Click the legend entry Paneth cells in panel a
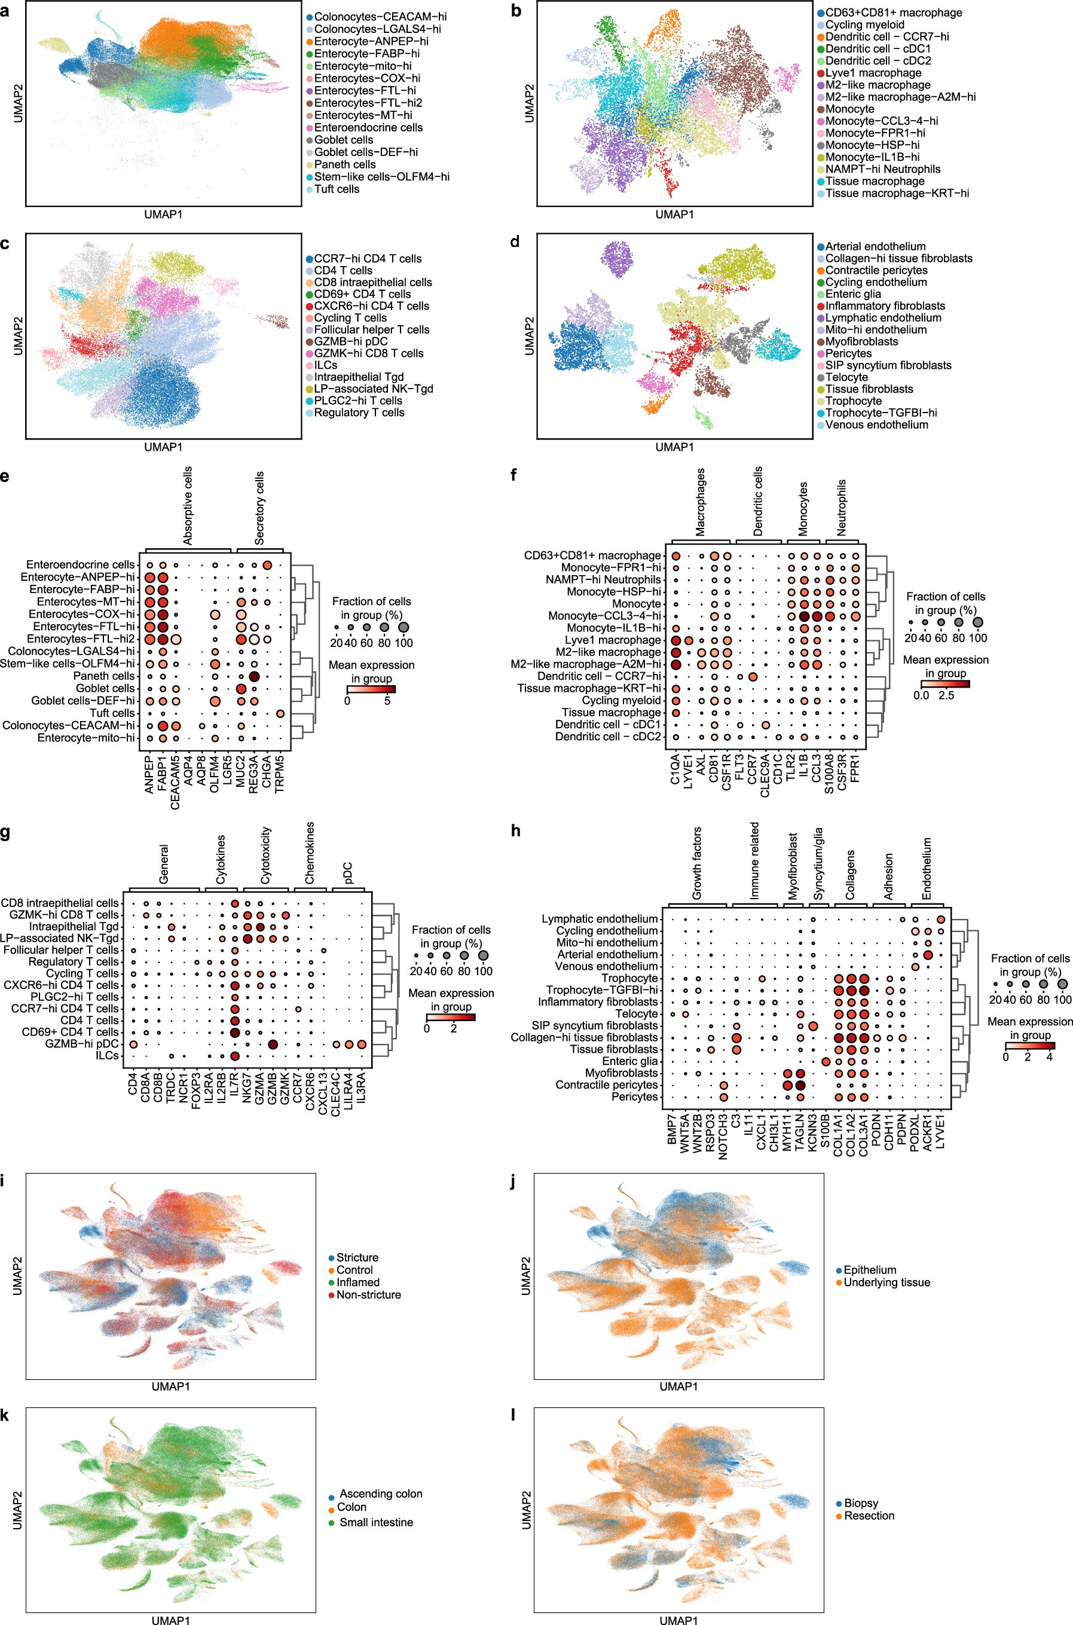coord(344,164)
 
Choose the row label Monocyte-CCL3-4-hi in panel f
coord(604,616)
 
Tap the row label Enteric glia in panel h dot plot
coord(630,1061)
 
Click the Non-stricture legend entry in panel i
coord(368,1294)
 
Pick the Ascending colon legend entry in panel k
coord(380,1493)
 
